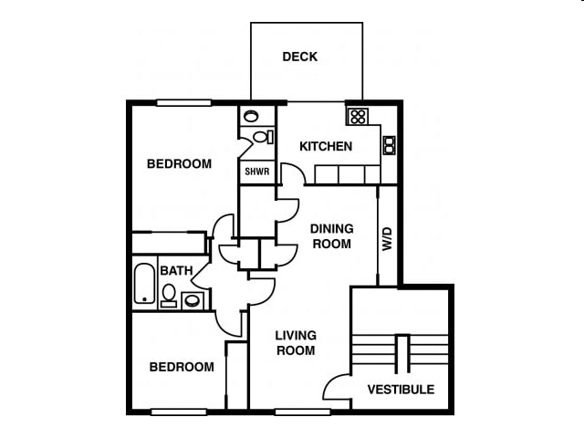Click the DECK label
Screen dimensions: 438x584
tap(299, 57)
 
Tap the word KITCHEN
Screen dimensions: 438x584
tap(326, 146)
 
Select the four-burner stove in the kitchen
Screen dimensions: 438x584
tap(358, 116)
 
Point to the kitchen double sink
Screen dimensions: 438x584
tap(389, 144)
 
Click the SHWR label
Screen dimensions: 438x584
tap(256, 171)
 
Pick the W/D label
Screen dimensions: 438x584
tap(386, 239)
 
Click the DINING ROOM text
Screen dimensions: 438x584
tap(331, 236)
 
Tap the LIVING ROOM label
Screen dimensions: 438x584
tap(296, 343)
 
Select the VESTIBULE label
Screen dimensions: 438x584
tap(401, 390)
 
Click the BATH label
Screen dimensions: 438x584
tap(176, 271)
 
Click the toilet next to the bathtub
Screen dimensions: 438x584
tap(169, 295)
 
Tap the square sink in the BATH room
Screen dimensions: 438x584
tap(193, 299)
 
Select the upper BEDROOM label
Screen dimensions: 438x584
tap(179, 164)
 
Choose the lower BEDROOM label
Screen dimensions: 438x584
tap(182, 367)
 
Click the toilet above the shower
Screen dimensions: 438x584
tap(262, 137)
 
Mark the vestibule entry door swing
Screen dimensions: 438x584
tap(336, 387)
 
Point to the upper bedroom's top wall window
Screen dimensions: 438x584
tap(183, 103)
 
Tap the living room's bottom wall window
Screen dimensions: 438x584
tap(302, 412)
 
